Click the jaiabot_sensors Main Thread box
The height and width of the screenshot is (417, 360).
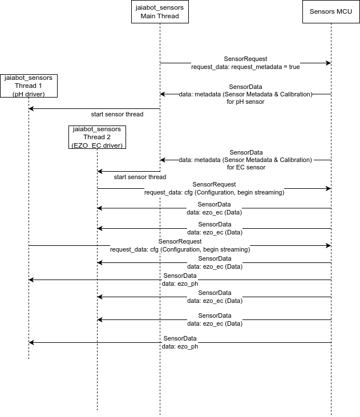pyautogui.click(x=160, y=12)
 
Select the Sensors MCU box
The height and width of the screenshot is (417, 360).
pyautogui.click(x=331, y=12)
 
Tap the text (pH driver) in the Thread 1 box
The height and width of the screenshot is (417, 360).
pyautogui.click(x=29, y=94)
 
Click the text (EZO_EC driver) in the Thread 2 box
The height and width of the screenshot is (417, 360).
pyautogui.click(x=97, y=145)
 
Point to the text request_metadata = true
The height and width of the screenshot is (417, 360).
pyautogui.click(x=265, y=67)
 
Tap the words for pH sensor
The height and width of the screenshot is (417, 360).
pyautogui.click(x=245, y=102)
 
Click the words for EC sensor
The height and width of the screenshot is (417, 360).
pyautogui.click(x=246, y=167)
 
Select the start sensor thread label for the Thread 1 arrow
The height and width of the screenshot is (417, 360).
pyautogui.click(x=117, y=114)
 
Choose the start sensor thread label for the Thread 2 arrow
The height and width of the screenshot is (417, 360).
pyautogui.click(x=140, y=177)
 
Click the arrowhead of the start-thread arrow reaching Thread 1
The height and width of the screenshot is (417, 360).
pyautogui.click(x=31, y=108)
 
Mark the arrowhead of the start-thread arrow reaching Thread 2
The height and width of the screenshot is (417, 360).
pyautogui.click(x=99, y=171)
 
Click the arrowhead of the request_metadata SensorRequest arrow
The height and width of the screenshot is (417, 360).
pyautogui.click(x=329, y=63)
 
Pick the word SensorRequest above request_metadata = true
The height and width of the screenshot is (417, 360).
pyautogui.click(x=245, y=59)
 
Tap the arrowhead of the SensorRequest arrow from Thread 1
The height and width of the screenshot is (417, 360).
pyautogui.click(x=329, y=245)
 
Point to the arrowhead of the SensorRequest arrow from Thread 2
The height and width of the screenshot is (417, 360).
pyautogui.click(x=329, y=189)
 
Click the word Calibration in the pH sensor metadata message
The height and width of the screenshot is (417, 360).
pyautogui.click(x=296, y=94)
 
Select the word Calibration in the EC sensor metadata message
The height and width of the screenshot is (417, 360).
pyautogui.click(x=295, y=160)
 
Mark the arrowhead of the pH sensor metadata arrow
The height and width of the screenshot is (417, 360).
pyautogui.click(x=162, y=94)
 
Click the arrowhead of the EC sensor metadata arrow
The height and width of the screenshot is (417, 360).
pyautogui.click(x=162, y=160)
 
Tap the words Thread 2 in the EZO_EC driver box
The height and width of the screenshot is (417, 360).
pyautogui.click(x=97, y=137)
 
